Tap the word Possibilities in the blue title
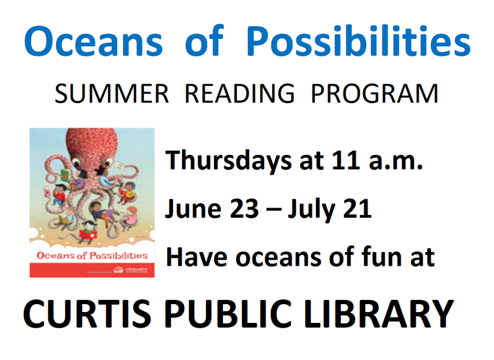click(x=360, y=41)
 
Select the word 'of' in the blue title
click(x=207, y=41)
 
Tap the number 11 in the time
click(x=344, y=161)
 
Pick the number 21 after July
click(x=358, y=210)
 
